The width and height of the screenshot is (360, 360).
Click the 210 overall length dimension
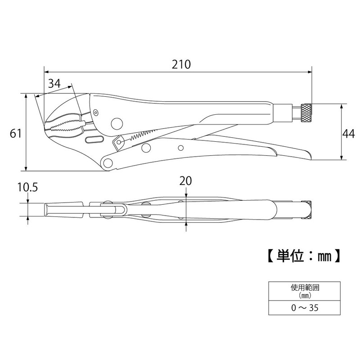coord(181,64)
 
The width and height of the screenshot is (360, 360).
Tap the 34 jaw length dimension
coord(54,83)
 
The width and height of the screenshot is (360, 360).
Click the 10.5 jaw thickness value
coord(27,187)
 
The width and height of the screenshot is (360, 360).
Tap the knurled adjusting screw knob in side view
coord(306,112)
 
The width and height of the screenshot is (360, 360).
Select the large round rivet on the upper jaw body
coord(117,123)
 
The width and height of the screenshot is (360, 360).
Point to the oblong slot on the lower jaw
coord(93,140)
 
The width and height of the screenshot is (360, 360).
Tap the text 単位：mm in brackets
coord(300,256)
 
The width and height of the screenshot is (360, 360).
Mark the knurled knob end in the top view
coord(307,210)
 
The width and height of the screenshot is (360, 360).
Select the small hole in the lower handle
coord(180,147)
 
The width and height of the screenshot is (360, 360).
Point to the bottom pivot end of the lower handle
coord(107,163)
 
